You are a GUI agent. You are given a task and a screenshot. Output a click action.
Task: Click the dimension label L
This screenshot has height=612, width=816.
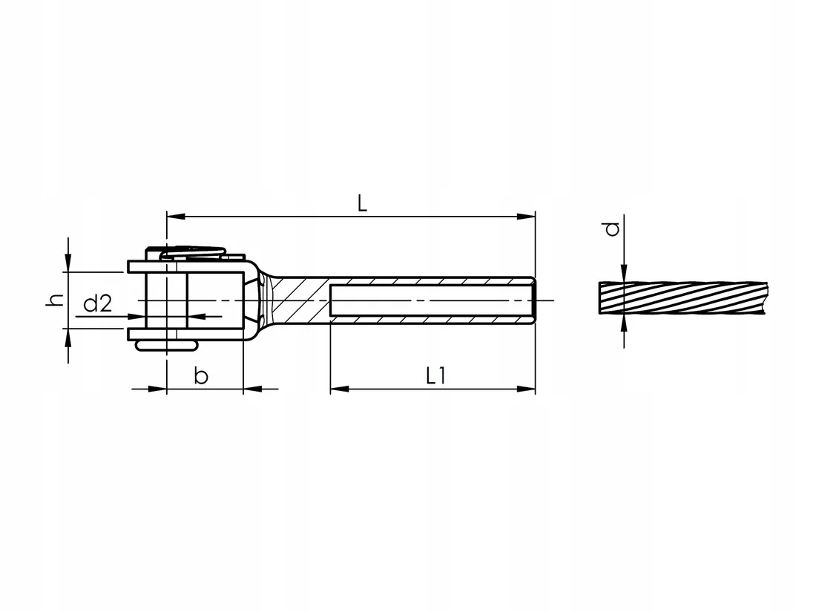[x=362, y=203]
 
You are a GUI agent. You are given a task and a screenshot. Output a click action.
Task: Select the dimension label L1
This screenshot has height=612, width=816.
[x=436, y=375]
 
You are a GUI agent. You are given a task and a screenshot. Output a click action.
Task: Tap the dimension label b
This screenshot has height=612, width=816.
[x=201, y=375]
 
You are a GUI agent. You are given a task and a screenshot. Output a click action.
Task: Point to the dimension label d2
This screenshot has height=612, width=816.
[x=98, y=303]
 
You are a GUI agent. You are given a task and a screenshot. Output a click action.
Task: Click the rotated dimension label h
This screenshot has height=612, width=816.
[x=55, y=300]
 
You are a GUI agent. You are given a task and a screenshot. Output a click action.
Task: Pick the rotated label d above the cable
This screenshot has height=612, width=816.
[x=613, y=229]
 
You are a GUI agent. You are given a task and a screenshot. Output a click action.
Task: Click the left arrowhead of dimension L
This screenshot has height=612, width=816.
[x=176, y=216]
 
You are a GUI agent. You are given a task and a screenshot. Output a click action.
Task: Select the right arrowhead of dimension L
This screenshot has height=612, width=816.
[x=526, y=216]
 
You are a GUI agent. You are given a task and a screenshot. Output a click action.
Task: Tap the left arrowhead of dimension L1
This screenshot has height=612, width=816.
[x=339, y=389]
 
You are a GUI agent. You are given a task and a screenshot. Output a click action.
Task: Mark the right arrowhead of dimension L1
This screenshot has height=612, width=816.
[x=526, y=389]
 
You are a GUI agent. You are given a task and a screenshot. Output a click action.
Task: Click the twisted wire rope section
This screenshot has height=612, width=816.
[x=682, y=297]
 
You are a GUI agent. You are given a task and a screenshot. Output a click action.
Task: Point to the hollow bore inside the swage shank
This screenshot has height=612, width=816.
[x=431, y=300]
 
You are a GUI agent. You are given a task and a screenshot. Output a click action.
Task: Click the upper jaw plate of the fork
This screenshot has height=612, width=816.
[x=186, y=266]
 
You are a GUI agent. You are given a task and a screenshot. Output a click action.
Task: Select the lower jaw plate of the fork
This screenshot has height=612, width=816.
[x=185, y=335]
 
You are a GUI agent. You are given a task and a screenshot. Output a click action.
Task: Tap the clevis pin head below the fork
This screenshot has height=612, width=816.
[x=166, y=346]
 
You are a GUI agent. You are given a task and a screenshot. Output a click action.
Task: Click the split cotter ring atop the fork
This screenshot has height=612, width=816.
[x=193, y=253]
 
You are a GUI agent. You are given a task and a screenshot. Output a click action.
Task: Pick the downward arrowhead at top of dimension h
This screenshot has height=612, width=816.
[x=68, y=263]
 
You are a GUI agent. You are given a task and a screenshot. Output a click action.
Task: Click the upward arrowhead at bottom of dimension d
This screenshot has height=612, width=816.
[x=624, y=323]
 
